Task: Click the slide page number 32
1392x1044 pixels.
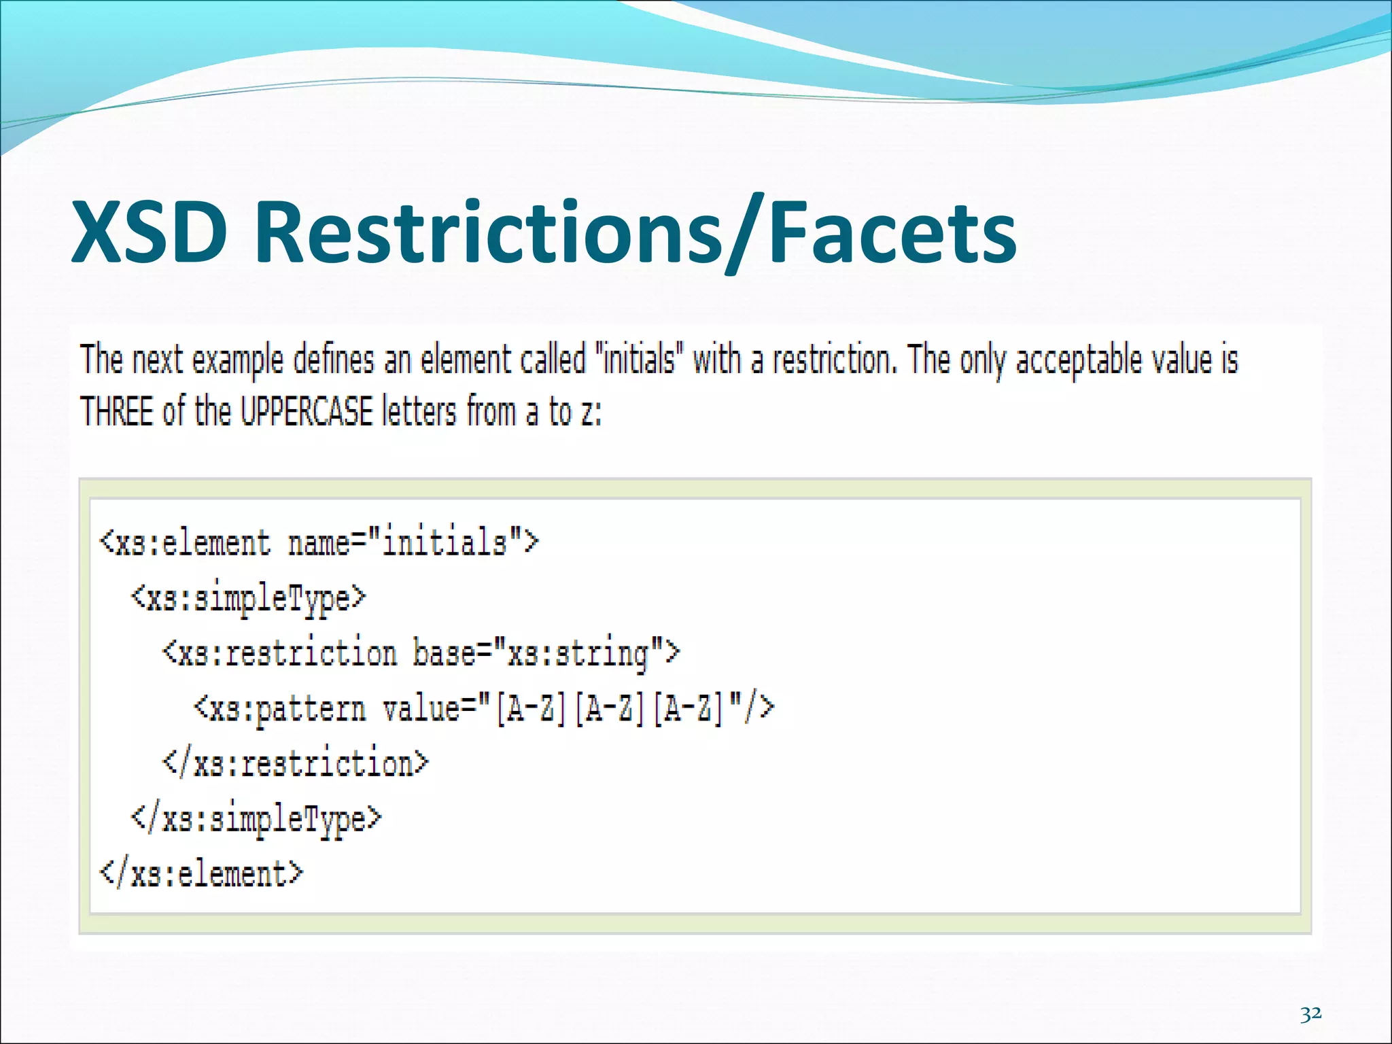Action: click(1310, 1013)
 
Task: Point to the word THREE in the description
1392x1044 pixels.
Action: click(116, 411)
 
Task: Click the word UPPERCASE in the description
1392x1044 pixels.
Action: click(307, 411)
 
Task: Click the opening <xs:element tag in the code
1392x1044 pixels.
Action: click(185, 543)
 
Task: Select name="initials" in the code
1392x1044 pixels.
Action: click(413, 543)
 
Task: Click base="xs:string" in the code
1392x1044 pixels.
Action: click(546, 653)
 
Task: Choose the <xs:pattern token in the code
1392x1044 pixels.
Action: click(279, 709)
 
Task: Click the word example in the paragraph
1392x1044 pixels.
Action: click(237, 360)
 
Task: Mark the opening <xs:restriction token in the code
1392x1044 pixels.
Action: click(279, 653)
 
